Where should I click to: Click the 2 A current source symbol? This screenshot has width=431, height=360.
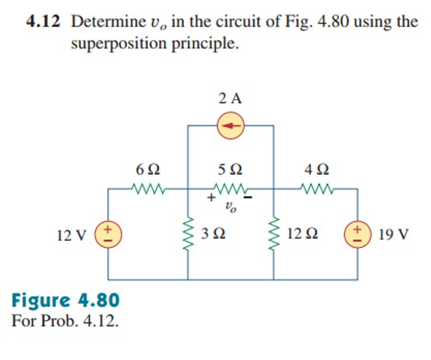(231, 125)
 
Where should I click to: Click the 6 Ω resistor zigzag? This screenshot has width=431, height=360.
(147, 188)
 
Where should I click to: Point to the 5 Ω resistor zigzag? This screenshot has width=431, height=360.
(231, 188)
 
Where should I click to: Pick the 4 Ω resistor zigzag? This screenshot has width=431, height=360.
(318, 188)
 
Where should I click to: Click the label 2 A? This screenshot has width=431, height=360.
(231, 98)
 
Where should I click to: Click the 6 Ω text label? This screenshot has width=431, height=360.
(147, 168)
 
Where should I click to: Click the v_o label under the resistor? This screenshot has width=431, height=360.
(231, 208)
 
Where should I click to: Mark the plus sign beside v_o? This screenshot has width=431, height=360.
(210, 200)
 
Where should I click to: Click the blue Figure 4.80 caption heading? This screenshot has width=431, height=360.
(66, 300)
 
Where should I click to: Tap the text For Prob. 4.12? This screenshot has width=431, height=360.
(66, 319)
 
